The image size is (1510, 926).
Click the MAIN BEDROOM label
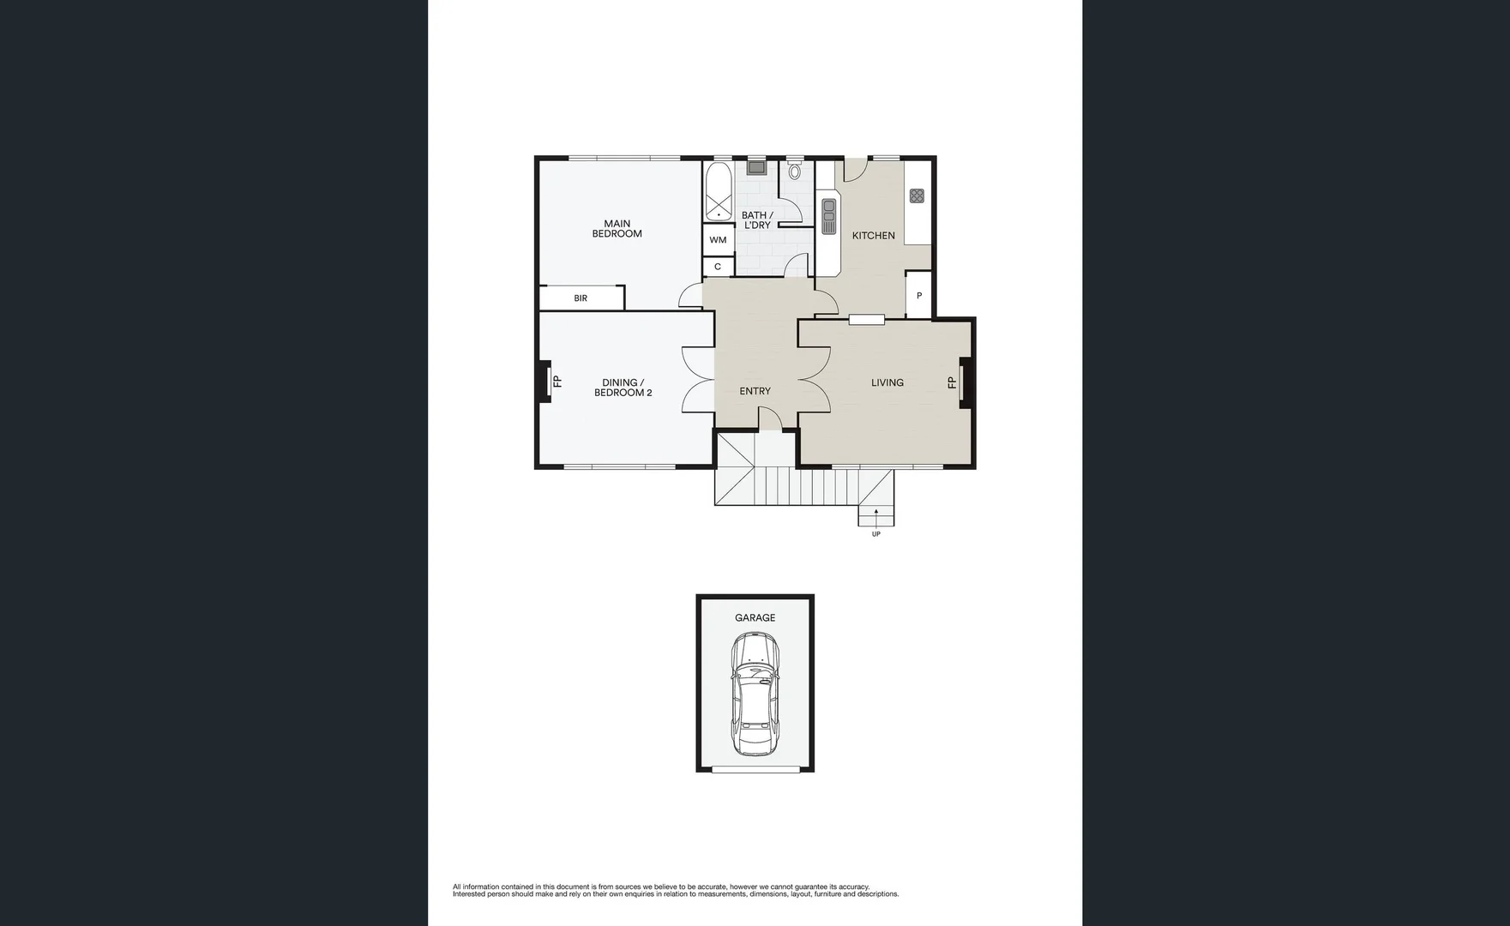coord(617,229)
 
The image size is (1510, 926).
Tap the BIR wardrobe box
coord(581,298)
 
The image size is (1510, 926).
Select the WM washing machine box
coord(718,240)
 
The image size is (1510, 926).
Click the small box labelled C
coord(718,267)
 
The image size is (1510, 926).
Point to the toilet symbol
coord(794,171)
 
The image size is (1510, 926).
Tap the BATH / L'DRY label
coord(756,220)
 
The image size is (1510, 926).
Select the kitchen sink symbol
coord(828,216)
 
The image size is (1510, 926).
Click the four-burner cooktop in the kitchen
coord(917,195)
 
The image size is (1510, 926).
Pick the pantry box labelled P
coord(918,296)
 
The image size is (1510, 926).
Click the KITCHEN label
coord(873,235)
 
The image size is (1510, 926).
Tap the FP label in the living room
coord(952,382)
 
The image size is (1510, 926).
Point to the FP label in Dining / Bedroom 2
coord(557,382)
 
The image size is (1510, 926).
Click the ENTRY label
coord(755,391)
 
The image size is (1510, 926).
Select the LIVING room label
coord(887,382)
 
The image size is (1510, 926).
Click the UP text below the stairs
coord(875,534)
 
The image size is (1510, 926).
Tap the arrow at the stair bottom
coord(875,514)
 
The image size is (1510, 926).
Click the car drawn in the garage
coord(754,694)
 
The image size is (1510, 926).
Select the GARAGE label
coord(755,617)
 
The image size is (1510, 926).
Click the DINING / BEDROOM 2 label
coord(623,388)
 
